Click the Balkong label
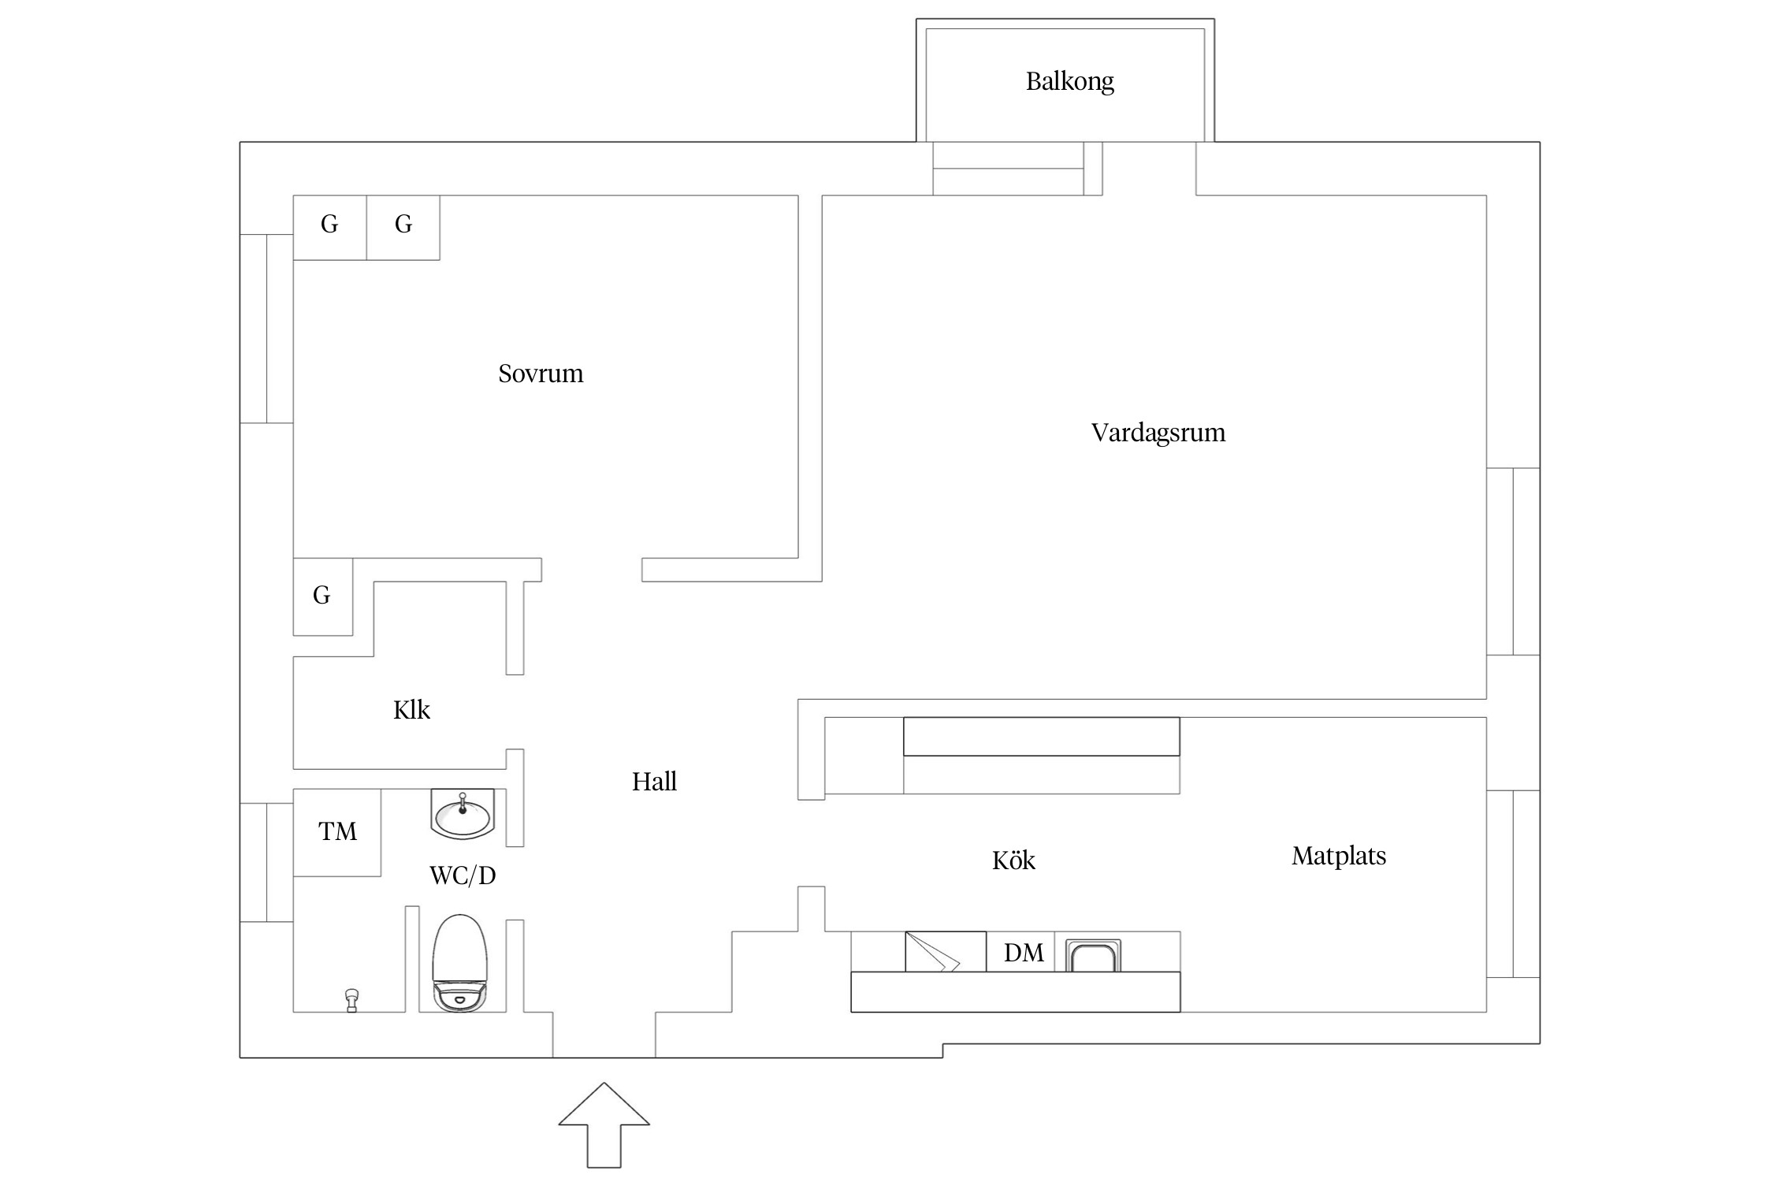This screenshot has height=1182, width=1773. point(1069,81)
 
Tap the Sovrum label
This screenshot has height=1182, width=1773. point(541,374)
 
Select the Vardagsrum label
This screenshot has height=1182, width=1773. point(1158,433)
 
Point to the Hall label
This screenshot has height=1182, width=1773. point(654,782)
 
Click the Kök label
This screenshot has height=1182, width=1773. point(1013,860)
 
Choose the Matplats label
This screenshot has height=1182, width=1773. point(1339,856)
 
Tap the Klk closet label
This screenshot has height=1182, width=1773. point(411,710)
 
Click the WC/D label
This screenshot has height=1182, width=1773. point(463,875)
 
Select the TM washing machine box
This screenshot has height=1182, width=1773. point(337,832)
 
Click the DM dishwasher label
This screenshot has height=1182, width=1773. point(1024,953)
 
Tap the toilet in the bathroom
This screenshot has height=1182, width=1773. point(460,963)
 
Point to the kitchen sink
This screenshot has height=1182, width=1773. point(1093,956)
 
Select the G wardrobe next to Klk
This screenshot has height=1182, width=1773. point(322,596)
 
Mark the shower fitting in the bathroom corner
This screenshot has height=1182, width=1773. point(352,1000)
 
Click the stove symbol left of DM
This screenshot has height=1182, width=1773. point(945,952)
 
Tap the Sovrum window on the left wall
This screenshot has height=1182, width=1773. point(267,329)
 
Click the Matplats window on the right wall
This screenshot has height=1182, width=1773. point(1513,883)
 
